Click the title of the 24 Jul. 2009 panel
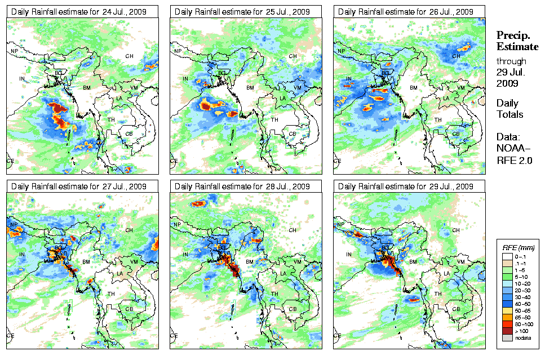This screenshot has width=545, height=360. pos(79,11)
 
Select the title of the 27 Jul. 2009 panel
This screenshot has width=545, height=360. pos(79,186)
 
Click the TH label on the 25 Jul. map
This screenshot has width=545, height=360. pos(275,119)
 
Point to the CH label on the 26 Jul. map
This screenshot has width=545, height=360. pos(456,56)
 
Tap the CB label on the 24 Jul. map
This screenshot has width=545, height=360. pos(129,134)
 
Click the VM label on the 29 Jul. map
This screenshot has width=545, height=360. pos(460,263)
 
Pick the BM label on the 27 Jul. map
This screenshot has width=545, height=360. pos(87,263)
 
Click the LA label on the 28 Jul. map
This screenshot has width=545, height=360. pos(283,274)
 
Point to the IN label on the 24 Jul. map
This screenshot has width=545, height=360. pos(23,79)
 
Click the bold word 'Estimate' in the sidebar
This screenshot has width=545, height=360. pos(517,46)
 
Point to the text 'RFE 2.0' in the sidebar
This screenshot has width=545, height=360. pos(515,160)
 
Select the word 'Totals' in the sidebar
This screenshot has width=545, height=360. pos(509,114)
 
